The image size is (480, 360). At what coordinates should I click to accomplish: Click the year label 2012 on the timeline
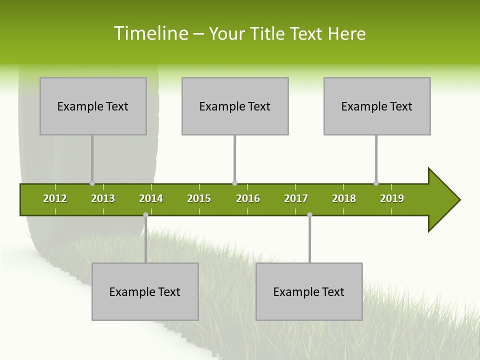click(55, 198)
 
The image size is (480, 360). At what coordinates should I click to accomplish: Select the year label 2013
click(103, 198)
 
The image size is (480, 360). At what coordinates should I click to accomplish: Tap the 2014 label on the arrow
click(151, 198)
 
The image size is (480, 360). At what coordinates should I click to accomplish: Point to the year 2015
click(199, 198)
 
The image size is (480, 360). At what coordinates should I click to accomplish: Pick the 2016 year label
click(248, 198)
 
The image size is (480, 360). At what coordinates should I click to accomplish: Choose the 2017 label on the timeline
click(296, 198)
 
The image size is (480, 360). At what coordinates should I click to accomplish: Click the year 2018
click(344, 198)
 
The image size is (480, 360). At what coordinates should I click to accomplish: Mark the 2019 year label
click(392, 198)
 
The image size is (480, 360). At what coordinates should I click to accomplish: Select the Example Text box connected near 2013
click(93, 106)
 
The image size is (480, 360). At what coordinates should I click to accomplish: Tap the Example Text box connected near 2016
click(235, 106)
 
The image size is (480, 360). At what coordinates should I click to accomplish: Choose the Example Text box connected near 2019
click(377, 106)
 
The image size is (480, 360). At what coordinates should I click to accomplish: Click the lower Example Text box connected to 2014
click(145, 291)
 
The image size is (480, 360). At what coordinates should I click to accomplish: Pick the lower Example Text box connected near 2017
click(309, 291)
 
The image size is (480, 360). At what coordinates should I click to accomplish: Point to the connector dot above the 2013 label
click(92, 183)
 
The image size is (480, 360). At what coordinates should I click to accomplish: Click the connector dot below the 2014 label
click(145, 215)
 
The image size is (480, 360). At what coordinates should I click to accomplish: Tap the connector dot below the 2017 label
click(309, 215)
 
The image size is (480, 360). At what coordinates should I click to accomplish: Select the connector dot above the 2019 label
click(376, 183)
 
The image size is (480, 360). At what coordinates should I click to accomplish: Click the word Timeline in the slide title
click(150, 33)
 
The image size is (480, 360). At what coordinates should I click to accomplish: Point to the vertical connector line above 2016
click(234, 159)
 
